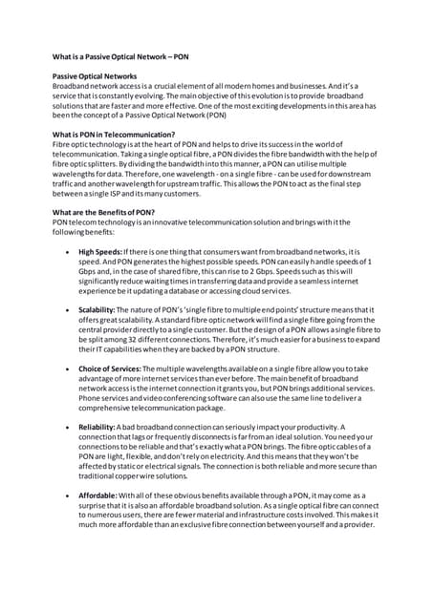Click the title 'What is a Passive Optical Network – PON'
tap(120, 57)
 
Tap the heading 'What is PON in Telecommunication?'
tap(114, 135)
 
